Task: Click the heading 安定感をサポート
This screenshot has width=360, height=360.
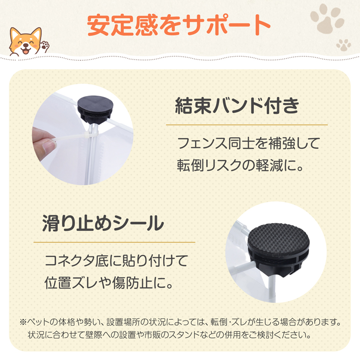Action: pos(179,25)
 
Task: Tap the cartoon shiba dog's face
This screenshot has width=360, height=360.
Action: pos(26,42)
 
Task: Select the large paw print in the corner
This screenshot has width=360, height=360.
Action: pos(327,18)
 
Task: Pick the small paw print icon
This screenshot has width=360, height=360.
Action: pos(344,45)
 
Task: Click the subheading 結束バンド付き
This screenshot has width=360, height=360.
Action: pos(237,106)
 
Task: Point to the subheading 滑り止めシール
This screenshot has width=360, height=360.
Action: pos(103,223)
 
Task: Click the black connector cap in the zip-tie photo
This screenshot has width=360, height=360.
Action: pos(95,109)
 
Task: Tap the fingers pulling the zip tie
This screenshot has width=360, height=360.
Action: pos(44,142)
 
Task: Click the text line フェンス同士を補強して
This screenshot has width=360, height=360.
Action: pos(249,143)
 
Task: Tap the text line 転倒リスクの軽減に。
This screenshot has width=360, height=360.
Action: pos(240,165)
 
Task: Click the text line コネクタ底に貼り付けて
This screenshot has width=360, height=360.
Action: pos(117,261)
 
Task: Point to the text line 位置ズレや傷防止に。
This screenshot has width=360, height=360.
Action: pos(108,283)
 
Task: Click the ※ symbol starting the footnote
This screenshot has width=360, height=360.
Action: pos(23,322)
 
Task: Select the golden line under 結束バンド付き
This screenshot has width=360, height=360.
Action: pos(247,125)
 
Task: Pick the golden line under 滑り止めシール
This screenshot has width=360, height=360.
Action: pos(114,242)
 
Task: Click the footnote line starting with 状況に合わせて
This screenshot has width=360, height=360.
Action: pos(169,335)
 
